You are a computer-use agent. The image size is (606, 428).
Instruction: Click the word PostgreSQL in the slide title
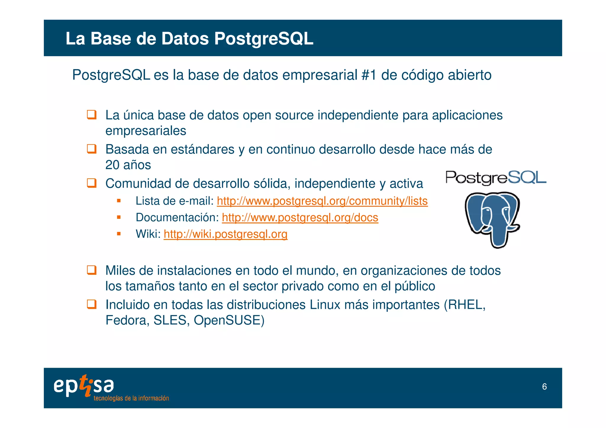pos(263,38)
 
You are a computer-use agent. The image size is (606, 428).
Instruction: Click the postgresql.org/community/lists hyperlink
pos(322,201)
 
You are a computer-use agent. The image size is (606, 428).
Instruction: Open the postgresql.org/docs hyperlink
pos(300,218)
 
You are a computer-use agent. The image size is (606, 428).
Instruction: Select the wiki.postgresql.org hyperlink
pos(225,234)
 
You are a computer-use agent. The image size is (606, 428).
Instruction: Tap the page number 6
pos(544,387)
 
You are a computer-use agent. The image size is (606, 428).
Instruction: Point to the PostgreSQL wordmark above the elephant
pos(496,178)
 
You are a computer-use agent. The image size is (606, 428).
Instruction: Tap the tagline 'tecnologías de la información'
pos(131,398)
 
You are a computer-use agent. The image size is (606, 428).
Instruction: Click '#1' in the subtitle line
pos(369,75)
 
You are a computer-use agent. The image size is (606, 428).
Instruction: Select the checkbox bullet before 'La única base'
pos(91,115)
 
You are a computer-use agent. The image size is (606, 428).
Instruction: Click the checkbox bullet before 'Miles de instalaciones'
pos(91,270)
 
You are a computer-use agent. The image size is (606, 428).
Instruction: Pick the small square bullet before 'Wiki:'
pos(119,234)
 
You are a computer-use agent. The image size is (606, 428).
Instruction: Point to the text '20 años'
pos(128,165)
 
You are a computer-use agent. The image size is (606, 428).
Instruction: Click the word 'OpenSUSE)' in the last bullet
pos(229,320)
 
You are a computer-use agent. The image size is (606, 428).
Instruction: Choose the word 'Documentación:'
pos(177,218)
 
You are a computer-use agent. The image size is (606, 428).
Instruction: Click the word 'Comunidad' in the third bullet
pos(138,184)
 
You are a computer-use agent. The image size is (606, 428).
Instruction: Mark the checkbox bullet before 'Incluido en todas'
pos(91,304)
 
